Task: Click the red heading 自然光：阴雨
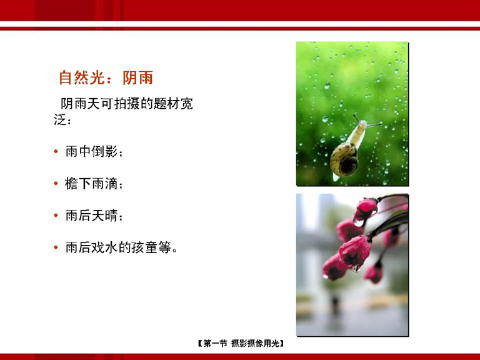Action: coord(106,77)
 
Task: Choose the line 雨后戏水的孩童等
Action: coord(121,247)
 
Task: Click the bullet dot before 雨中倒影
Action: coord(56,151)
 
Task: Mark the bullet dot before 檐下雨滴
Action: coord(56,183)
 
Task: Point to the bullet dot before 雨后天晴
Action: coord(56,216)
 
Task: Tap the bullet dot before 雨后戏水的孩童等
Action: coord(56,247)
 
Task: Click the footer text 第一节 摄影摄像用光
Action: coord(241,344)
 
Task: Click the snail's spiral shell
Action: coord(344,160)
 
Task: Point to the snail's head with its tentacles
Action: coord(365,122)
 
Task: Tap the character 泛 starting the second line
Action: coord(60,120)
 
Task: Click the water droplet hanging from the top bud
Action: coord(358,222)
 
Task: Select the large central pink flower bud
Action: coord(355,251)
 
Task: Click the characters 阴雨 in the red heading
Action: coord(137,77)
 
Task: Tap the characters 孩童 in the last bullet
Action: coord(144,247)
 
